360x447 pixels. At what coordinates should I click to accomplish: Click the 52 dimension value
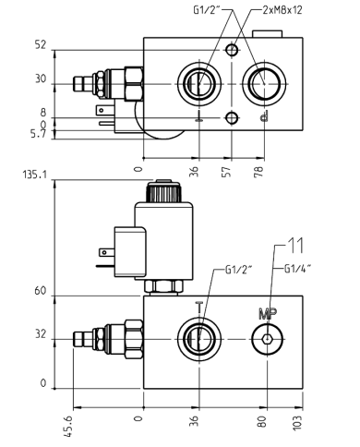40,44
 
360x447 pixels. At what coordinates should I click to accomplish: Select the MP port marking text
266,312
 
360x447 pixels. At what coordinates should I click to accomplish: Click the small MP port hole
267,339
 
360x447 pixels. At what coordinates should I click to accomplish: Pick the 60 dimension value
40,290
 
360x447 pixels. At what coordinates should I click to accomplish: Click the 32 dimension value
40,334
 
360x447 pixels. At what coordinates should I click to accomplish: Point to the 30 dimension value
40,79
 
